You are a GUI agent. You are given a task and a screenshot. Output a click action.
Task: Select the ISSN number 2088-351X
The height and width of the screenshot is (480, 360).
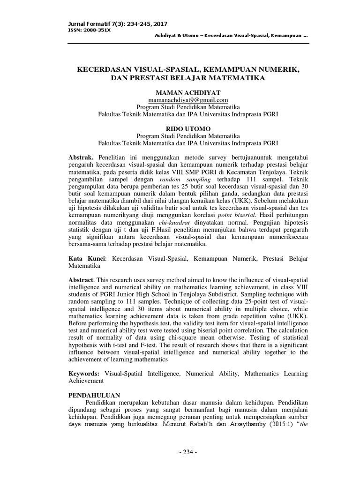[96, 30]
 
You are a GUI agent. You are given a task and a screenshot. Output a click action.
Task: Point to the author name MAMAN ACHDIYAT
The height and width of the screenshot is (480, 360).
[187, 93]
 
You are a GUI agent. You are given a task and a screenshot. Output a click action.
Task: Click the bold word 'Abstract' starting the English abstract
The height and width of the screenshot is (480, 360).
[82, 279]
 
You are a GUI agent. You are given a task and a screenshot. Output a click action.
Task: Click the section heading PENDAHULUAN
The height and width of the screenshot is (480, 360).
[94, 395]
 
